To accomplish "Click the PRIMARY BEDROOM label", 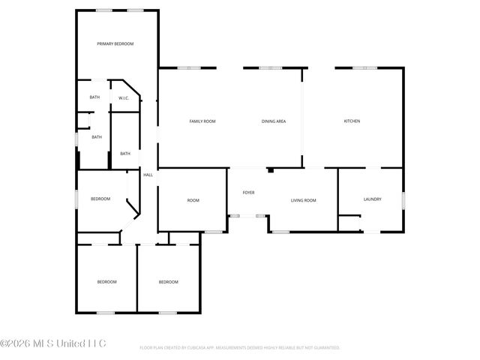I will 115,44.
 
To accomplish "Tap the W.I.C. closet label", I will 124,97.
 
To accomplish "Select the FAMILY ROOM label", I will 202,121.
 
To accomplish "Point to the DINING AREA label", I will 274,121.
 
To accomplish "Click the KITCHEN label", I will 352,121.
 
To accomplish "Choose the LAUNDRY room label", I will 373,199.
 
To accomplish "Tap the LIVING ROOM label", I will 304,200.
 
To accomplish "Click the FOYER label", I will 248,193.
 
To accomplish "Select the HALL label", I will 148,175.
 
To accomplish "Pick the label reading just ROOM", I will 193,200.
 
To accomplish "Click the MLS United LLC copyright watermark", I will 53,343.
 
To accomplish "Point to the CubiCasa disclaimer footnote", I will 240,348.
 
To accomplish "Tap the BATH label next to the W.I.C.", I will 94,97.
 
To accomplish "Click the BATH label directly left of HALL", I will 125,154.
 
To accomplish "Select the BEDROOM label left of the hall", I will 100,199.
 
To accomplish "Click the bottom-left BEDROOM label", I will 106,282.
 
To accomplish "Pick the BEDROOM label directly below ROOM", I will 168,282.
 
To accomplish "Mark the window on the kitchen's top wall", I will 364,68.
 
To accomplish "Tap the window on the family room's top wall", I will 188,68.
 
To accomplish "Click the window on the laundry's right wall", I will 403,199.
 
